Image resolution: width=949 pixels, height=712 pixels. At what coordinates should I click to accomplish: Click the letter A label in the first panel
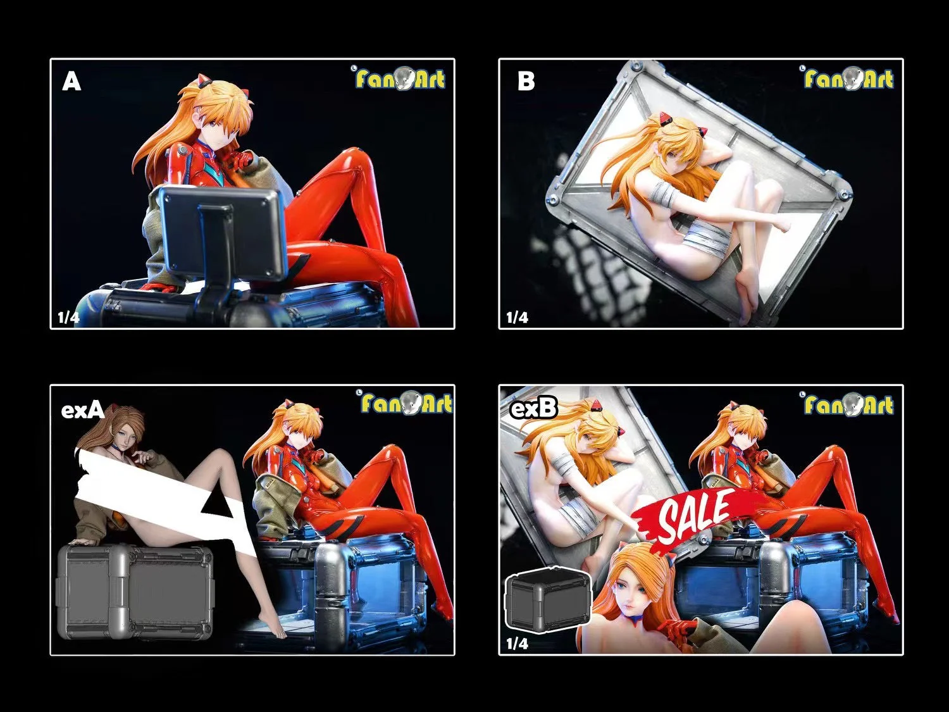tap(71, 81)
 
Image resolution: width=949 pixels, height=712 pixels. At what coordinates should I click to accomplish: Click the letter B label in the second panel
tap(526, 81)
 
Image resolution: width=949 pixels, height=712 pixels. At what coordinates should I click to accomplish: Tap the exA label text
tap(82, 410)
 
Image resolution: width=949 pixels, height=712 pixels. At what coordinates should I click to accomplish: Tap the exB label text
tap(533, 409)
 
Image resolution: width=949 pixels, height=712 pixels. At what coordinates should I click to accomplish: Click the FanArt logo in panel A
tap(400, 78)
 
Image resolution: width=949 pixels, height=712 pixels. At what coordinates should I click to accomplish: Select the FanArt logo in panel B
tap(848, 78)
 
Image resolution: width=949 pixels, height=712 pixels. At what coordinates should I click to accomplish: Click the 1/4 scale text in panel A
tap(68, 317)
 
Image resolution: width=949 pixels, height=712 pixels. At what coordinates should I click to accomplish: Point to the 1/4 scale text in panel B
tap(517, 317)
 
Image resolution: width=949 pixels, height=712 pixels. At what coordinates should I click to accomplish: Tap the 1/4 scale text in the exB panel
tap(517, 643)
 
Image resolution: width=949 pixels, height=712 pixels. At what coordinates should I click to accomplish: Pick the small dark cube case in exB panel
tap(548, 601)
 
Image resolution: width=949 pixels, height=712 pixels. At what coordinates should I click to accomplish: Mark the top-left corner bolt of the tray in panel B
tap(635, 66)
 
